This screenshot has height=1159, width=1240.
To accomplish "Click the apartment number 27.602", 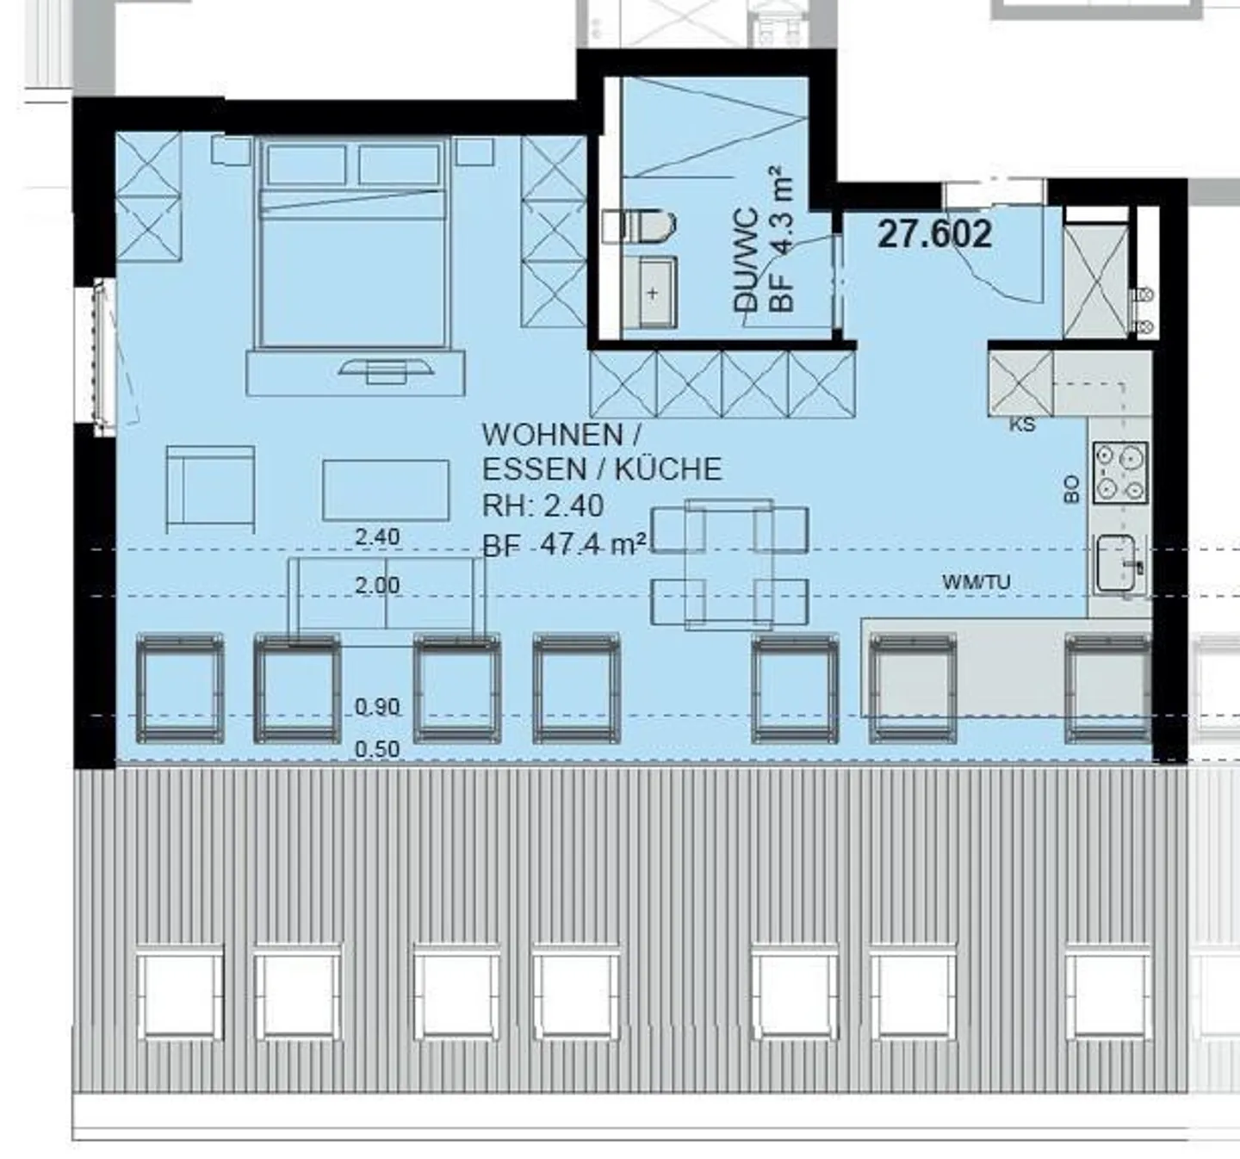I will tap(934, 234).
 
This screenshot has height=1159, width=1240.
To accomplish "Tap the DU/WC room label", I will tap(746, 258).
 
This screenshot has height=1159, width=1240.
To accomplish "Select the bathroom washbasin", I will tap(651, 293).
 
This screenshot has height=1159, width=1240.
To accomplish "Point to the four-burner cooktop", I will tap(1120, 473).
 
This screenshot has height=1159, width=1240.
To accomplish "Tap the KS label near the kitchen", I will tap(1023, 425).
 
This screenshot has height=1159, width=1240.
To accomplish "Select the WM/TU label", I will tap(976, 582).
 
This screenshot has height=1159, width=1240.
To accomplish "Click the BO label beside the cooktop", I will tap(1071, 489).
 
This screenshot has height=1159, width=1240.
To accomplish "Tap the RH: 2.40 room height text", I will tap(542, 506).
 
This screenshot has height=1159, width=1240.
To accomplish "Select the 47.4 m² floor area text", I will tap(594, 545).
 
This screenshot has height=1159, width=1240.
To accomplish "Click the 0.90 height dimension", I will tap(377, 707).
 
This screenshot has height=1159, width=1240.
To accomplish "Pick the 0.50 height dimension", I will tap(377, 749).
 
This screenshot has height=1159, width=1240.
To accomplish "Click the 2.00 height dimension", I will tap(377, 586).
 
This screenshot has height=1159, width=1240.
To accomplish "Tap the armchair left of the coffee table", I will tap(210, 488).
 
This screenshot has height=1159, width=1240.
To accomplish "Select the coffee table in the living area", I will tap(386, 490).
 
